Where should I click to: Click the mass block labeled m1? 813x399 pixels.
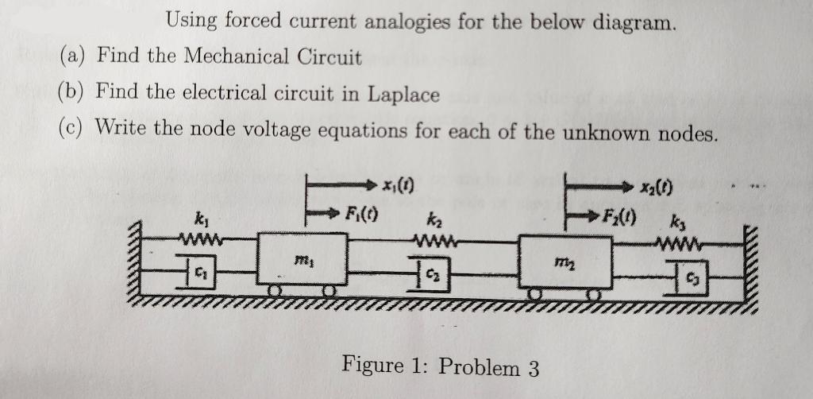pos(300,258)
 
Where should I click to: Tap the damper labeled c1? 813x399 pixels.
pos(202,268)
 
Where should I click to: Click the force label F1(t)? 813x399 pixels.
pos(361,214)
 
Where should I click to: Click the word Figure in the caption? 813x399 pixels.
pos(372,366)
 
